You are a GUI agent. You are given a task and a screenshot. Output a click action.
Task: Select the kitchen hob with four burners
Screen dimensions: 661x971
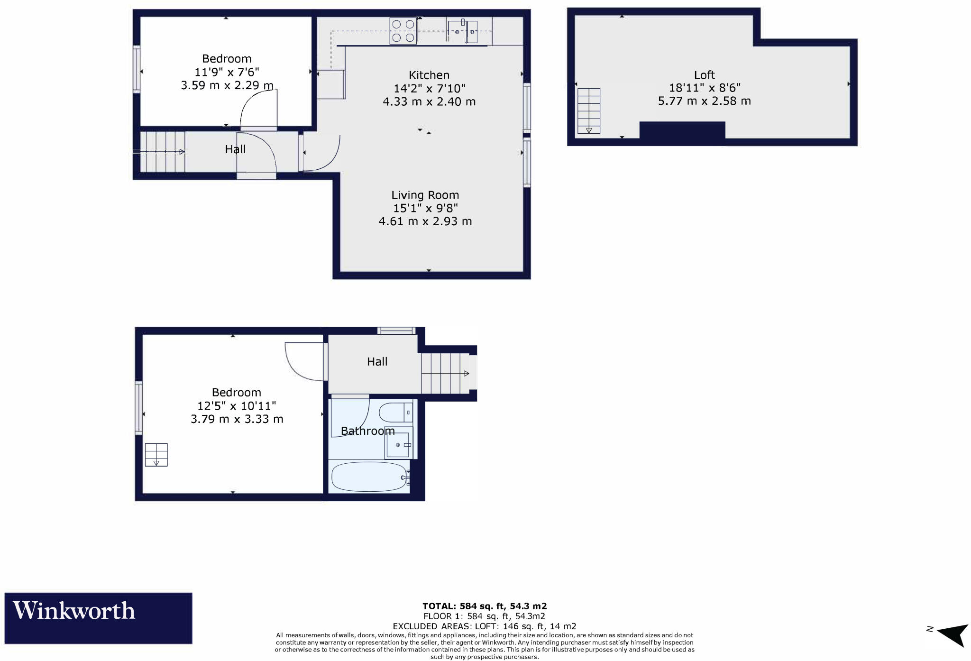coord(403,31)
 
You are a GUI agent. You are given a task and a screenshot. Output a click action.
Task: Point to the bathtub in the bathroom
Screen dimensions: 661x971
coord(368,477)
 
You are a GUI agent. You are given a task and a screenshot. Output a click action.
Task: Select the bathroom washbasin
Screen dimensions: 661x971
coord(398,445)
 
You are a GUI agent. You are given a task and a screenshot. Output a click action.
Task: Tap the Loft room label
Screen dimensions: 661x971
coord(704,75)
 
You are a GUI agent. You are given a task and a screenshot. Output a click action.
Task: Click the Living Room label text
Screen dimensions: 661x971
coord(425,195)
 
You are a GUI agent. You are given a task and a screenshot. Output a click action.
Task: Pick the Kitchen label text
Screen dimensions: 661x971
coord(429,75)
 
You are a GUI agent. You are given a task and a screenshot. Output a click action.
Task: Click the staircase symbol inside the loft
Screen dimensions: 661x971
coord(588,111)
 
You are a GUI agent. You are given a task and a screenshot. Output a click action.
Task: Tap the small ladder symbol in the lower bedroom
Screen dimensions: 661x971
coord(156,455)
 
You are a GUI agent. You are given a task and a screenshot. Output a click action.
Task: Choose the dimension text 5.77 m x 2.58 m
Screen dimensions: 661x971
coord(704,101)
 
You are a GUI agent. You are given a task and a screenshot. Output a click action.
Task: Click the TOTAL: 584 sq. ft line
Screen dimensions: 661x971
coord(485,606)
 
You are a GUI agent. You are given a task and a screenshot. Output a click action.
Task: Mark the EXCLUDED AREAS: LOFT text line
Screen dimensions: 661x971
coord(485,626)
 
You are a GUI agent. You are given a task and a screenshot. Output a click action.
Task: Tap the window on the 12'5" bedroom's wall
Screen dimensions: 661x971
coord(138,408)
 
